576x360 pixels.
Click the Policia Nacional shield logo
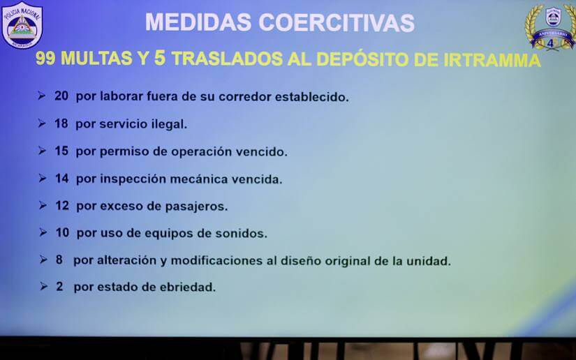[x=22, y=25]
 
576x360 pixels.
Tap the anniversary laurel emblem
[x=550, y=27]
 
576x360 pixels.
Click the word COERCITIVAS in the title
[x=337, y=22]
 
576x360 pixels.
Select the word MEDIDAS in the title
[x=198, y=22]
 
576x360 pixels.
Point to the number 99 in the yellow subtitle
[x=45, y=59]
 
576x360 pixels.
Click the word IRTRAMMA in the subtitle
[x=492, y=60]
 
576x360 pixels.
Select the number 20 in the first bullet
[x=61, y=96]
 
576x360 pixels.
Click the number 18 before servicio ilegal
[x=61, y=123]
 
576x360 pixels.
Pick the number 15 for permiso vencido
[x=61, y=151]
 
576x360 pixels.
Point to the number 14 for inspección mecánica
[x=62, y=179]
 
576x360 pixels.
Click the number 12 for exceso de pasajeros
[x=62, y=206]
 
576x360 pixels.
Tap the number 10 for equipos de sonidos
[x=63, y=232]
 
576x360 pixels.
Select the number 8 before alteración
[x=59, y=260]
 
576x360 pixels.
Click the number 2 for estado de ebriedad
[x=59, y=286]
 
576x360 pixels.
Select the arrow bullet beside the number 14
[x=43, y=179]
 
